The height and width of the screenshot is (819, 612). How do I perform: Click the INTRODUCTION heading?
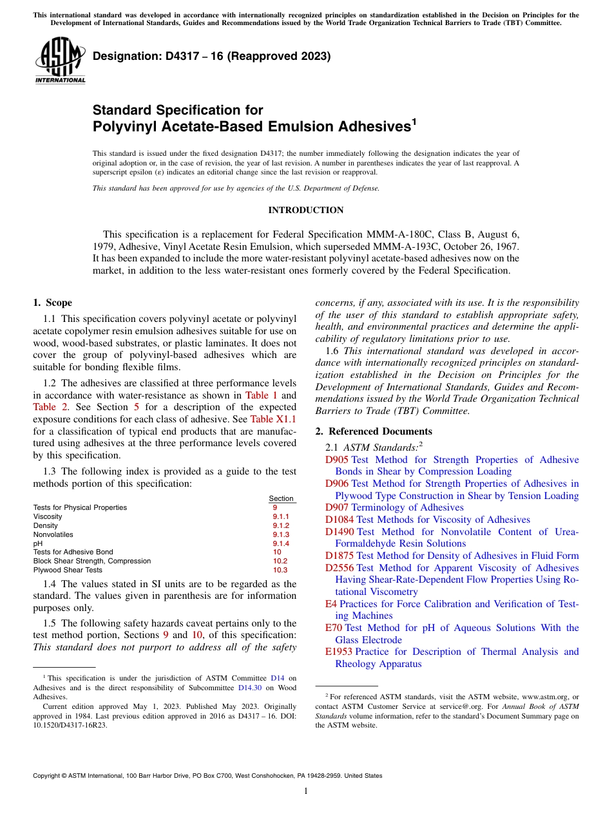point(305,211)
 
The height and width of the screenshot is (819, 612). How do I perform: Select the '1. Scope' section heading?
point(52,303)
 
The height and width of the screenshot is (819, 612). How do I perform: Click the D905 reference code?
point(336,460)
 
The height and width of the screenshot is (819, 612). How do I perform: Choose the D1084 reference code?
point(339,520)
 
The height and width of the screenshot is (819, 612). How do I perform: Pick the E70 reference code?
point(333,628)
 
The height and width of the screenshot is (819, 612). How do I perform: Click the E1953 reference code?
point(339,652)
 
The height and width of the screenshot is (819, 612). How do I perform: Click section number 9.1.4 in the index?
point(281,543)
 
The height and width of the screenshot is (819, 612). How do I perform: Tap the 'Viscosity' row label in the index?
point(48,516)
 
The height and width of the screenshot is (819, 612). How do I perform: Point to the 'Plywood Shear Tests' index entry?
point(68,570)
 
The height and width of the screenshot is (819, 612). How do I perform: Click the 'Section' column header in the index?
point(281,498)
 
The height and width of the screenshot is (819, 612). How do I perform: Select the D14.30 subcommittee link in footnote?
point(244,688)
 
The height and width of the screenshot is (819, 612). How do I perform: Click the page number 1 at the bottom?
point(306,791)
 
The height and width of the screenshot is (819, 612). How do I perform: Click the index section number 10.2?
point(280,561)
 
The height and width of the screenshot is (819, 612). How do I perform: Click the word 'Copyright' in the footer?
point(47,776)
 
